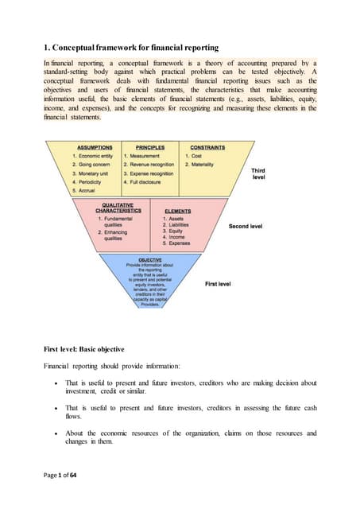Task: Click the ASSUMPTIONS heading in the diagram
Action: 95,147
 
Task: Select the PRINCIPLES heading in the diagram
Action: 149,147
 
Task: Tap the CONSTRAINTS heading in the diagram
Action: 203,147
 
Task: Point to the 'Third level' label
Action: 257,173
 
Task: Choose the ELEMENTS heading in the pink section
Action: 177,211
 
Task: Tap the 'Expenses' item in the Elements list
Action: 178,244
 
